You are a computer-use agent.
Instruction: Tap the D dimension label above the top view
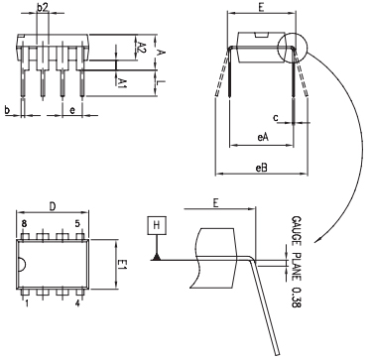(52, 209)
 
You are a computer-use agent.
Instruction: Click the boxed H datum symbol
(156, 225)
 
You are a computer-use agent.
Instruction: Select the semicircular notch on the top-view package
(20, 264)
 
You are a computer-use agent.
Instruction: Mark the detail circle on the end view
(295, 46)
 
